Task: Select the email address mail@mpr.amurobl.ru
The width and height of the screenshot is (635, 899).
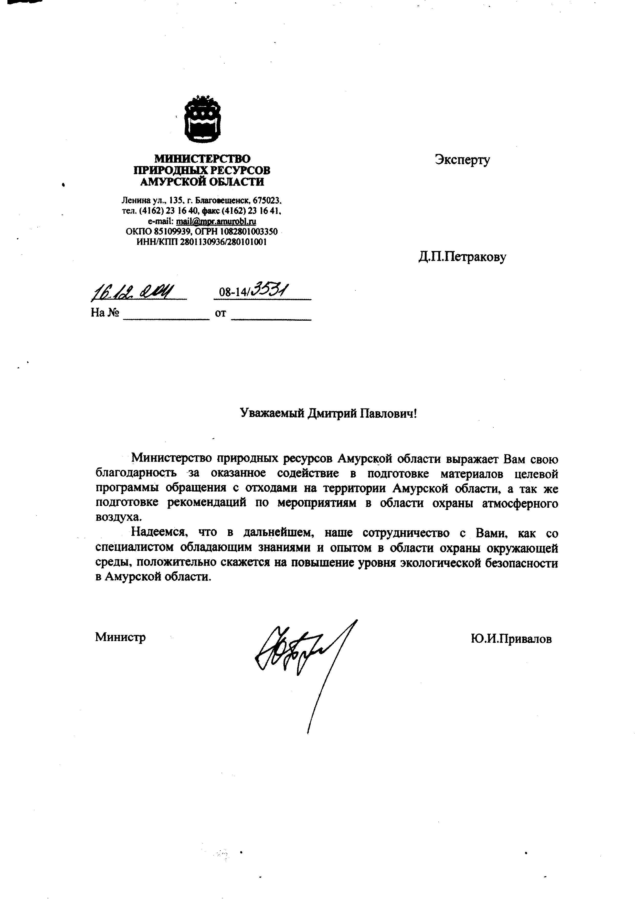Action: click(x=216, y=222)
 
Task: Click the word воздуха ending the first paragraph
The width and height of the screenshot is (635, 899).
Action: click(x=117, y=517)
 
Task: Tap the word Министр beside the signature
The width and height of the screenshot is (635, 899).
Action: click(x=120, y=637)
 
